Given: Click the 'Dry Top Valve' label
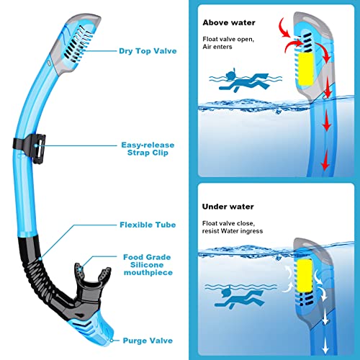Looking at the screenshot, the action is click(x=148, y=51).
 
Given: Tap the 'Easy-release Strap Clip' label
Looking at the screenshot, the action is click(x=148, y=149).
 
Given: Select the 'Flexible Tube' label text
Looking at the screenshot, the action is click(x=148, y=225).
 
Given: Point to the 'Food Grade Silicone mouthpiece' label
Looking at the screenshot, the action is click(x=148, y=265).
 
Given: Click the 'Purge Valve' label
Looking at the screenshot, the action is click(x=148, y=341).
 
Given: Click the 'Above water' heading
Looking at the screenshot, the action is click(x=229, y=22).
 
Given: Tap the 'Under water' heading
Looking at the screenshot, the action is click(x=228, y=207).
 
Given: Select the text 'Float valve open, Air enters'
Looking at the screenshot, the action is click(x=228, y=42).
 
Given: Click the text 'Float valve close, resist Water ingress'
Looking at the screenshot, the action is click(x=233, y=227).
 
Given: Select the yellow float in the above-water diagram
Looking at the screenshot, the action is click(x=305, y=69).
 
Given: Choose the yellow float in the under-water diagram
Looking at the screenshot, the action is click(x=305, y=276).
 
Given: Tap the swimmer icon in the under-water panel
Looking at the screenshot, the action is click(x=240, y=297).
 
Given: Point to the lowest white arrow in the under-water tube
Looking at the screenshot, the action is click(x=325, y=346).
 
